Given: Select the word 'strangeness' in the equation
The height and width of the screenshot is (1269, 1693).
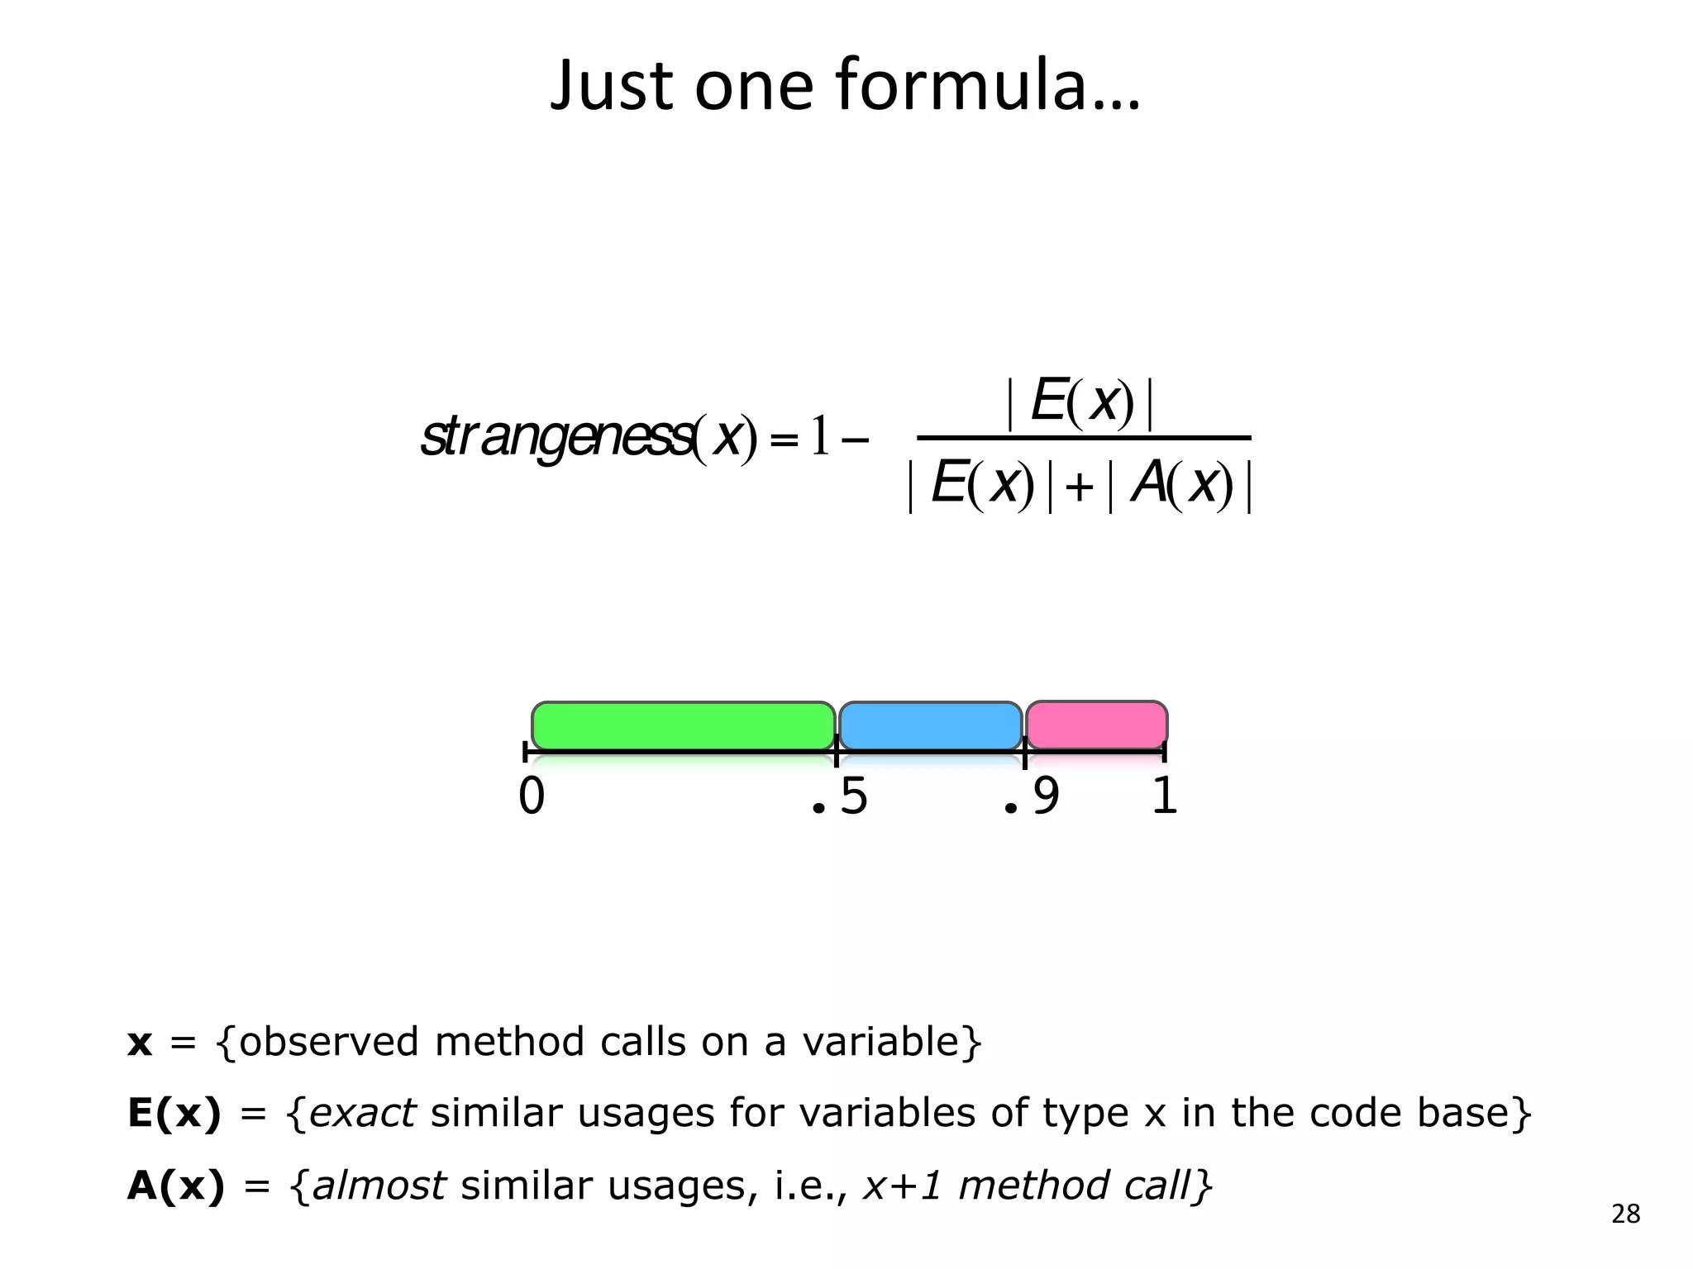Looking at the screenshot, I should [556, 437].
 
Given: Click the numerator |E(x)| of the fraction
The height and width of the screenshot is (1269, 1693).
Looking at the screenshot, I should [1080, 402].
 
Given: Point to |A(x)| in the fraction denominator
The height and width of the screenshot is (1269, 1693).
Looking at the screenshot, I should [1180, 485].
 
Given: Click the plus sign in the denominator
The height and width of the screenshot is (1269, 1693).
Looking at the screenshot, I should [1079, 487].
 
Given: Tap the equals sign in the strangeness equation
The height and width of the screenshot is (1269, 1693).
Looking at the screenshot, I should [783, 440].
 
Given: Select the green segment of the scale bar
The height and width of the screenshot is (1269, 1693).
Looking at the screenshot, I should [683, 725].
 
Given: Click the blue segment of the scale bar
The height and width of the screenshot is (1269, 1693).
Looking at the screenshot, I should [931, 725].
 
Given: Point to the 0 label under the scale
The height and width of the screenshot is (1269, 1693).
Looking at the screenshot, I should [532, 796].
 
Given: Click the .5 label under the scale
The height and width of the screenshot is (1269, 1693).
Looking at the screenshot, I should [840, 796].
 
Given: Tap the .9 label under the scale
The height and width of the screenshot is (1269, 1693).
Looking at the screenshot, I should [1031, 796].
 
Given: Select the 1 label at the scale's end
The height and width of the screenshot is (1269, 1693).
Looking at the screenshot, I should [1164, 796].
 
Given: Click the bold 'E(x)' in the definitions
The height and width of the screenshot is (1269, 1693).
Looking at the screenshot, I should [174, 1114].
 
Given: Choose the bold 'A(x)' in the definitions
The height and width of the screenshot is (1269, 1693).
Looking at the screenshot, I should [176, 1186].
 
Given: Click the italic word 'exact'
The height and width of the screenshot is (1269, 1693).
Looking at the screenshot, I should [362, 1114].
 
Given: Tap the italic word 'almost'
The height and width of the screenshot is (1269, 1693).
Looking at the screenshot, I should [379, 1186].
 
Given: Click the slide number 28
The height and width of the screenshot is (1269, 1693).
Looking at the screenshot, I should [1625, 1214].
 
